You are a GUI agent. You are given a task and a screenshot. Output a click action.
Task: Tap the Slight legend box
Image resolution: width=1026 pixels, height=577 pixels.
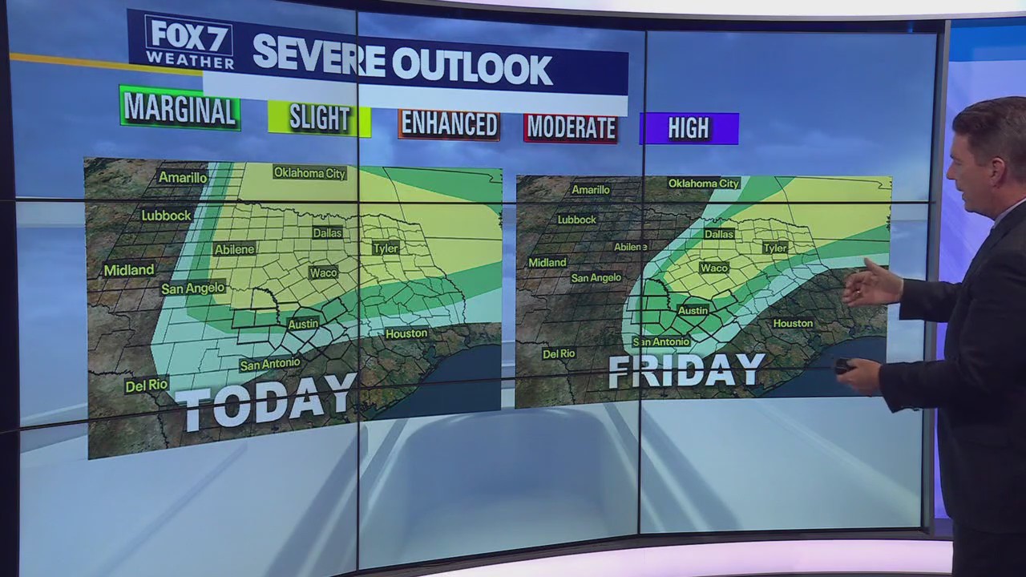pyautogui.click(x=319, y=119)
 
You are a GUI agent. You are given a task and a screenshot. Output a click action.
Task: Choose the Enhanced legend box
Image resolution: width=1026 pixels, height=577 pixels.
pyautogui.click(x=449, y=124)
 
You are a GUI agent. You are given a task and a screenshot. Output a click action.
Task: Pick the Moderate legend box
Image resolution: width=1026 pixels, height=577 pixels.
pyautogui.click(x=571, y=127)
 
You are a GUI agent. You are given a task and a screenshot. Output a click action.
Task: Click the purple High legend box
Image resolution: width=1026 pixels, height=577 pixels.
pyautogui.click(x=689, y=128)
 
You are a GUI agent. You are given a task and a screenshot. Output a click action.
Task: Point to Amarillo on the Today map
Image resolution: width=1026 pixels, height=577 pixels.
pyautogui.click(x=182, y=177)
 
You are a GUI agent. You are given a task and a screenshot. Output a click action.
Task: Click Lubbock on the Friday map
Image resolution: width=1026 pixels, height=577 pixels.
pyautogui.click(x=576, y=220)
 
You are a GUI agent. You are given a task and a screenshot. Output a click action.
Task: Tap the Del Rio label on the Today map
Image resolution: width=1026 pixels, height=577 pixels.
pyautogui.click(x=147, y=385)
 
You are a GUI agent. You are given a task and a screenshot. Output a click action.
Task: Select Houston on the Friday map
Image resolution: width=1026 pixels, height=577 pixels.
pyautogui.click(x=792, y=323)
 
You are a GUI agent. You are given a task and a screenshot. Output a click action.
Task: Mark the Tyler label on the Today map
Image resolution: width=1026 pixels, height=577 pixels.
pyautogui.click(x=385, y=248)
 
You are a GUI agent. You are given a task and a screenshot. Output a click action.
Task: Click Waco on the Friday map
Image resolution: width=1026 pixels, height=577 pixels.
pyautogui.click(x=713, y=268)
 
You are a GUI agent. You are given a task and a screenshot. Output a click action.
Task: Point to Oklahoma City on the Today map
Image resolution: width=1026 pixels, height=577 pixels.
pyautogui.click(x=309, y=172)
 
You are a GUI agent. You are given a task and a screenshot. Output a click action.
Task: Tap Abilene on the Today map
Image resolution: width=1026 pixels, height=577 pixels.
pyautogui.click(x=234, y=249)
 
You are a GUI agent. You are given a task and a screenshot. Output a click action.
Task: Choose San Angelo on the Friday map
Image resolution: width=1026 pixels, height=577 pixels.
pyautogui.click(x=596, y=278)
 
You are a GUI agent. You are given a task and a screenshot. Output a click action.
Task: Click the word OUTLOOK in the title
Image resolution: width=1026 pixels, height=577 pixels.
pyautogui.click(x=472, y=67)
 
